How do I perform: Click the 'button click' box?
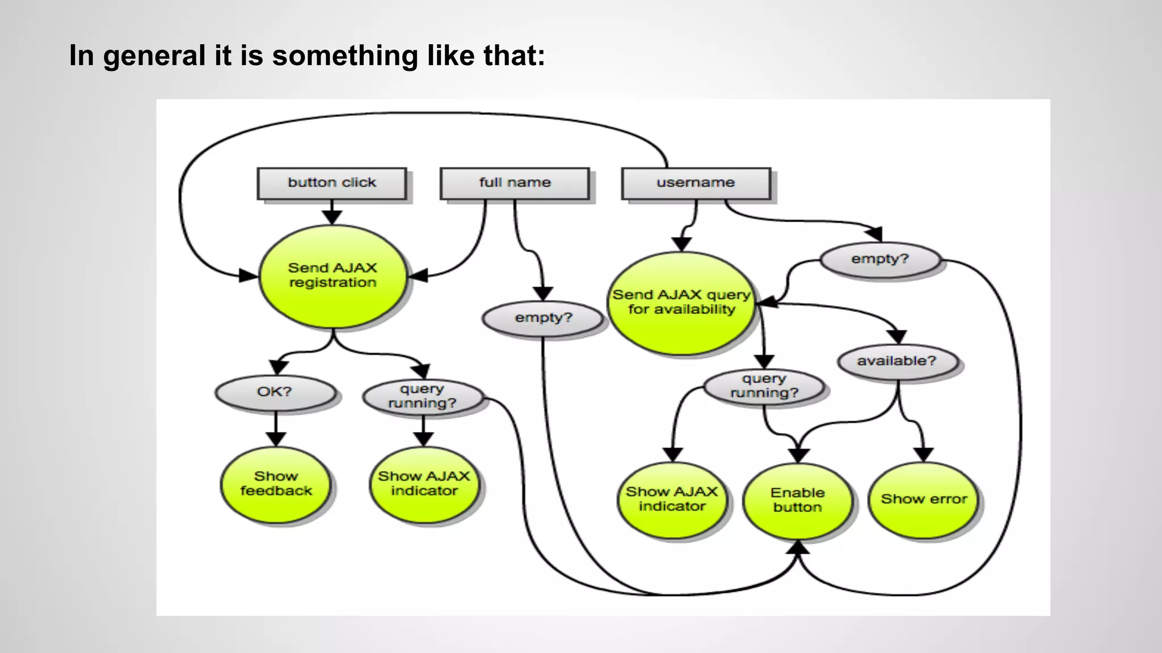332,183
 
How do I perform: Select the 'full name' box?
515,183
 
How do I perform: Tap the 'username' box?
696,183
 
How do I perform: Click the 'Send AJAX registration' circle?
332,276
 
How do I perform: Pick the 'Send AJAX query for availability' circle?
681,303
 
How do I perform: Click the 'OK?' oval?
275,392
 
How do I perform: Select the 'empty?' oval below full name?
543,318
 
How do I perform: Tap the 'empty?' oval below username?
879,259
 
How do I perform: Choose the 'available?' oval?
896,361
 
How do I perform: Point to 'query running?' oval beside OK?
423,396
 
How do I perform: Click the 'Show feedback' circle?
276,484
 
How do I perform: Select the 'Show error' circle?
923,499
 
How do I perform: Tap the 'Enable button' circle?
798,501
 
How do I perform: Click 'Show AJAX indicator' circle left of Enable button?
672,499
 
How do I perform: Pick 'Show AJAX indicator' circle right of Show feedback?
424,484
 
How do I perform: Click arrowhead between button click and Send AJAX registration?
332,217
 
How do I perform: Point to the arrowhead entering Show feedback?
276,439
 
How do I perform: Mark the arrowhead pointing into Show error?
924,455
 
